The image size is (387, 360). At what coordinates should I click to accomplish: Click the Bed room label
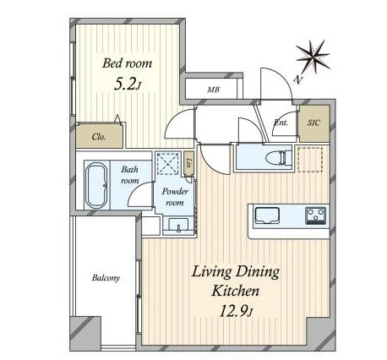point(127,63)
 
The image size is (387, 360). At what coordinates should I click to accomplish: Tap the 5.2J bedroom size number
point(127,84)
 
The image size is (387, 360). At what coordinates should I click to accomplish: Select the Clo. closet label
point(99,137)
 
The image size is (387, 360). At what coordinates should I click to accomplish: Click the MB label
point(213,90)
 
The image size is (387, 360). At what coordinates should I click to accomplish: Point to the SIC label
point(313,123)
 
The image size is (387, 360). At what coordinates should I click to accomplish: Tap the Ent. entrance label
point(281,123)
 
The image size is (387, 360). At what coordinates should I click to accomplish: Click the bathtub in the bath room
point(96,185)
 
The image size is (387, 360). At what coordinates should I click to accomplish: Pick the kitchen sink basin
point(266,215)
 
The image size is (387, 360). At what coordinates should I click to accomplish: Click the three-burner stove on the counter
point(316,215)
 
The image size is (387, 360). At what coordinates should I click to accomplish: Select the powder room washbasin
point(178,226)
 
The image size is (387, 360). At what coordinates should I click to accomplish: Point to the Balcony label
point(106,278)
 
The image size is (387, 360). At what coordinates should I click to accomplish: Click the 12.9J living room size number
point(236,311)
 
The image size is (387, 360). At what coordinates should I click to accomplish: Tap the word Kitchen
point(235,291)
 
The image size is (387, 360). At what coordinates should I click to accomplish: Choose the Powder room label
point(175,197)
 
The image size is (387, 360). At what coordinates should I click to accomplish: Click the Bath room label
point(130,175)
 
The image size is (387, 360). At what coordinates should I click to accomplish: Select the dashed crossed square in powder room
point(169,163)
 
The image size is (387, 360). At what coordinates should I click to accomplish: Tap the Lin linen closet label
point(189,162)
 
